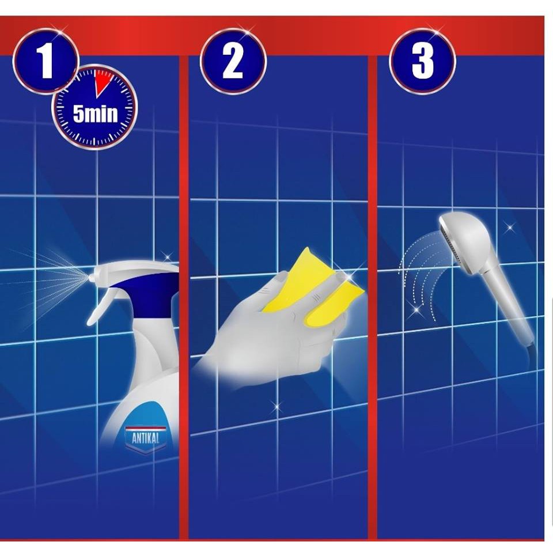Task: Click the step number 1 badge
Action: tap(46, 62)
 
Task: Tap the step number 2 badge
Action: tap(233, 62)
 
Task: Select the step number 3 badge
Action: tap(422, 62)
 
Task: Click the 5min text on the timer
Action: tap(95, 114)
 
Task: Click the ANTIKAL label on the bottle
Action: tap(145, 438)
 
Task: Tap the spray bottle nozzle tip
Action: tap(90, 278)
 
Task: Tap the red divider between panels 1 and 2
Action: tap(183, 296)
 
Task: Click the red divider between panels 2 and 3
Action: tap(373, 296)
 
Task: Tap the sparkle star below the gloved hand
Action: tap(276, 406)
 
